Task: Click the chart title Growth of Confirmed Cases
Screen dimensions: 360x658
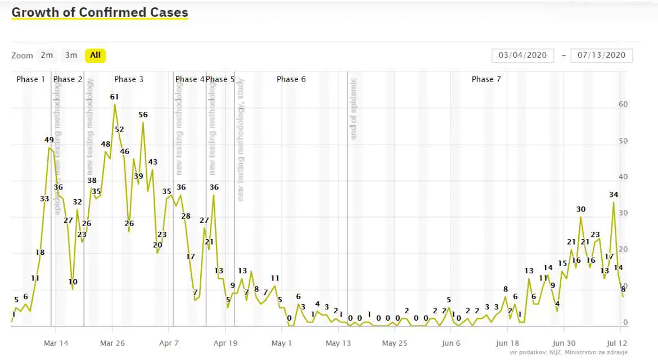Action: (100, 12)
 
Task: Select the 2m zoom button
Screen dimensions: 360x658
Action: (47, 55)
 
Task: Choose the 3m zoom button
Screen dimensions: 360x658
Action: (71, 55)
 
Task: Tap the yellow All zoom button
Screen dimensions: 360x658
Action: (95, 55)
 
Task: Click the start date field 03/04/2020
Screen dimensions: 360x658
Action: (522, 55)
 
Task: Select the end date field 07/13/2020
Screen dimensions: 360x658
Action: (601, 55)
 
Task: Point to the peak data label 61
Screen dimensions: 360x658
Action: (115, 97)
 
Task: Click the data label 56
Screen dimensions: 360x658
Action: (143, 115)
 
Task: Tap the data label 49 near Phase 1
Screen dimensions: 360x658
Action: (49, 140)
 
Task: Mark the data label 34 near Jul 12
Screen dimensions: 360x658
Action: (614, 195)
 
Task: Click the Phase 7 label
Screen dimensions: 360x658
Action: (486, 79)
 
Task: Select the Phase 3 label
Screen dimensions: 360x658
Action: (129, 79)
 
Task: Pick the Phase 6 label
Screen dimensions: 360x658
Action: (291, 79)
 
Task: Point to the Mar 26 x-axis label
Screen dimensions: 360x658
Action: (112, 343)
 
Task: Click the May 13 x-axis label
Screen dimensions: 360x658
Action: (339, 343)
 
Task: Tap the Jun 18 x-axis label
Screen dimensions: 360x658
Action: (508, 343)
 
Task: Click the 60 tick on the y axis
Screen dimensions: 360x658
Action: (623, 105)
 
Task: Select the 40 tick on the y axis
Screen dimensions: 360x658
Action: (623, 177)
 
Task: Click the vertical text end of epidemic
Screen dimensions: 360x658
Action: (354, 109)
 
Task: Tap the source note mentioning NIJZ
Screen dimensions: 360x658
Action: (569, 353)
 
